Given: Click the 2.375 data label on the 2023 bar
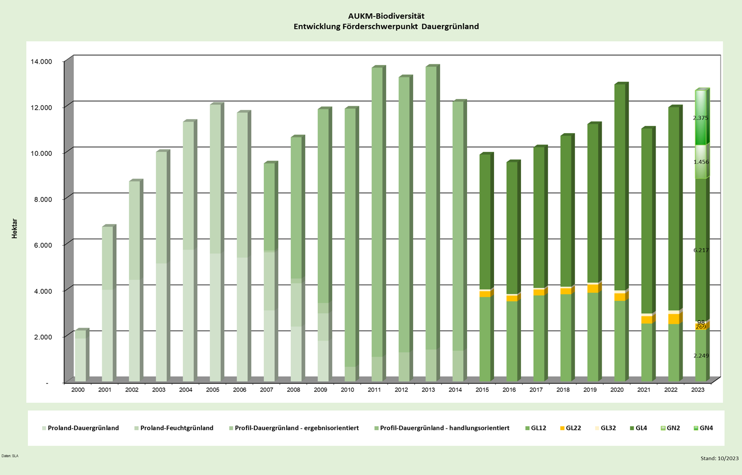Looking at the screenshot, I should pos(700,118).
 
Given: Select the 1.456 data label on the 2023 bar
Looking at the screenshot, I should pos(701,162).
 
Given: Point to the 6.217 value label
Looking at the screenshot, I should pos(701,250).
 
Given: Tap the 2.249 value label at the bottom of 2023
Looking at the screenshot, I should pos(701,356).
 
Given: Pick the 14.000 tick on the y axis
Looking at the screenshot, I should pos(41,62).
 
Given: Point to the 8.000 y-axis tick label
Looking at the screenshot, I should pos(43,199).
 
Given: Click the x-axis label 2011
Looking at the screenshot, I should pos(374,390).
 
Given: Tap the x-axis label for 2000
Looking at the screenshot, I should pos(78,390).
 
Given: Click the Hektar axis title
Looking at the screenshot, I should pos(15,229).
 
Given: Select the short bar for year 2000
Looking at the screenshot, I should pos(80,356).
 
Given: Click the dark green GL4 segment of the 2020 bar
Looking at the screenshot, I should pos(619,186).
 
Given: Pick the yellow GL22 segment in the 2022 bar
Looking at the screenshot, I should pos(673,319).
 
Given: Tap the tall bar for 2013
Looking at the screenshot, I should pos(431,220).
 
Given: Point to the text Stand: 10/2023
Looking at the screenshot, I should pos(719,458).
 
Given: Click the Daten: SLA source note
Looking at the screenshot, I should pos(10,456).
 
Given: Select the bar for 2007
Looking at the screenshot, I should pos(269,274).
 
